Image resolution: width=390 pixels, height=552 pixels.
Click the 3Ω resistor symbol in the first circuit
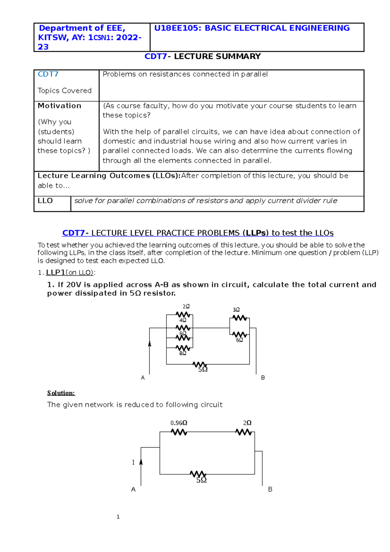[x=240, y=318]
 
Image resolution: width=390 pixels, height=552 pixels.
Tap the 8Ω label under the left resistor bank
[x=183, y=353]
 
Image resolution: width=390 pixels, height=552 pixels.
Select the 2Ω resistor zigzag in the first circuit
[x=183, y=315]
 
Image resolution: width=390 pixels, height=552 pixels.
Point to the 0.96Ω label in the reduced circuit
[x=179, y=423]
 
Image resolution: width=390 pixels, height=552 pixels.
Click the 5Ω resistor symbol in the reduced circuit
[x=198, y=474]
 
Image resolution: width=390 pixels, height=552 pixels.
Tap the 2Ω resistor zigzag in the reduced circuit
[x=244, y=432]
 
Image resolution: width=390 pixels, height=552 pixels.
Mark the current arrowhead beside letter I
[x=141, y=462]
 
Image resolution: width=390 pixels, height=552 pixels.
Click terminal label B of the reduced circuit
[x=270, y=489]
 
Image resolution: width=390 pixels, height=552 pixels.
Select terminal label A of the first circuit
[x=143, y=378]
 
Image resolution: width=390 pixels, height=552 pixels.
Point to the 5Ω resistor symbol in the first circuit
[x=200, y=364]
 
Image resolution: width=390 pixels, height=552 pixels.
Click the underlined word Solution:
[x=61, y=393]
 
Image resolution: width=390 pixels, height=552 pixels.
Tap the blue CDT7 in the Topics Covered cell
[x=48, y=74]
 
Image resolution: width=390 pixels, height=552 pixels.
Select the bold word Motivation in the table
[x=59, y=106]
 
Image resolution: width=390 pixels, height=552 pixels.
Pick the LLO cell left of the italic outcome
[x=45, y=201]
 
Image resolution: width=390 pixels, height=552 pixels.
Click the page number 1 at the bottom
[x=118, y=517]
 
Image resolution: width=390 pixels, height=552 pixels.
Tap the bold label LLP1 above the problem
[x=56, y=272]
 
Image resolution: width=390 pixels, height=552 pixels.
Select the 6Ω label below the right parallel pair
[x=240, y=340]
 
